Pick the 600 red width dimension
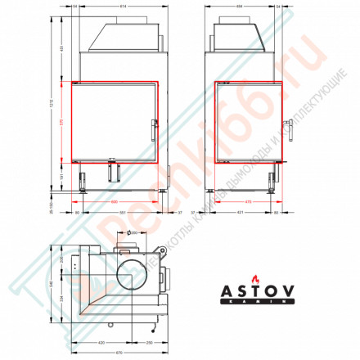point(115,200)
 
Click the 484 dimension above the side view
point(238,6)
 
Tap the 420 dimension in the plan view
point(102,341)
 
